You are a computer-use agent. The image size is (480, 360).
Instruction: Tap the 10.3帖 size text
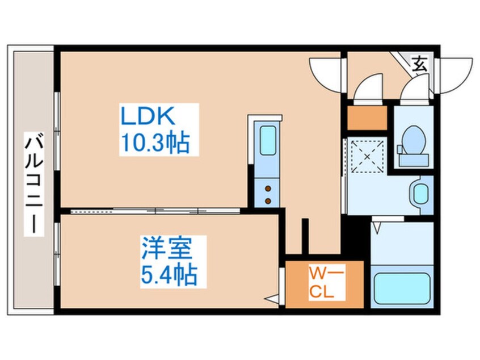[153, 143]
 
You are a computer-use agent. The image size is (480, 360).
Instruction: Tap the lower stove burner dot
[267, 199]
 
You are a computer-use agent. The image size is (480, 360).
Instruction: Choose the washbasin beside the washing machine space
[420, 192]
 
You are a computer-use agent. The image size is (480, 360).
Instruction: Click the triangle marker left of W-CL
[272, 297]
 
